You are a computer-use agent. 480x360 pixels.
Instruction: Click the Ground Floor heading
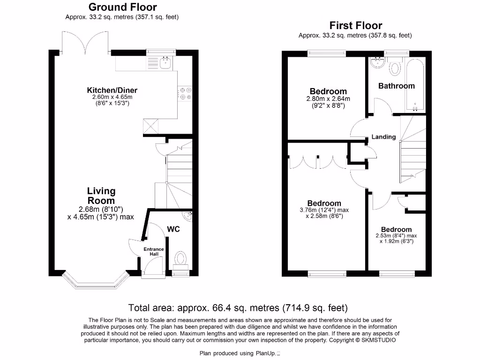tap(122, 7)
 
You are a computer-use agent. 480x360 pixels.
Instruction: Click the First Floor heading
tap(355, 25)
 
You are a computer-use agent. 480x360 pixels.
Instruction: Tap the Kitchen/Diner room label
tap(112, 90)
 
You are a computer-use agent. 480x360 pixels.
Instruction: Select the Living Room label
tap(101, 195)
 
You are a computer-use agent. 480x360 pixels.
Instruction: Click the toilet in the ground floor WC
tap(180, 258)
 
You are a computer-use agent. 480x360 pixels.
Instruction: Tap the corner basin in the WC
tap(188, 216)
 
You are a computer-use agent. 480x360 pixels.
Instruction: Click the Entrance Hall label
tap(154, 251)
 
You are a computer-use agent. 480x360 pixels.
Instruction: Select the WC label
tap(173, 230)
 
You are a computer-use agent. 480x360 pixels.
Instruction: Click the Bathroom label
tap(396, 86)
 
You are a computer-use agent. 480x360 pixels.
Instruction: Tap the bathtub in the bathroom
tap(416, 84)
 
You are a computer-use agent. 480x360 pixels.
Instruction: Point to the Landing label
tap(383, 137)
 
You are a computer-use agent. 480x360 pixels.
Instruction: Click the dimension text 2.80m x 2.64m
tap(328, 99)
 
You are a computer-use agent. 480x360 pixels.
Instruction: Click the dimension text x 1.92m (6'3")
tap(396, 242)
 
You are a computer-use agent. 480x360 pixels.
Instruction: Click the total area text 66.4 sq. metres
tap(238, 308)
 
